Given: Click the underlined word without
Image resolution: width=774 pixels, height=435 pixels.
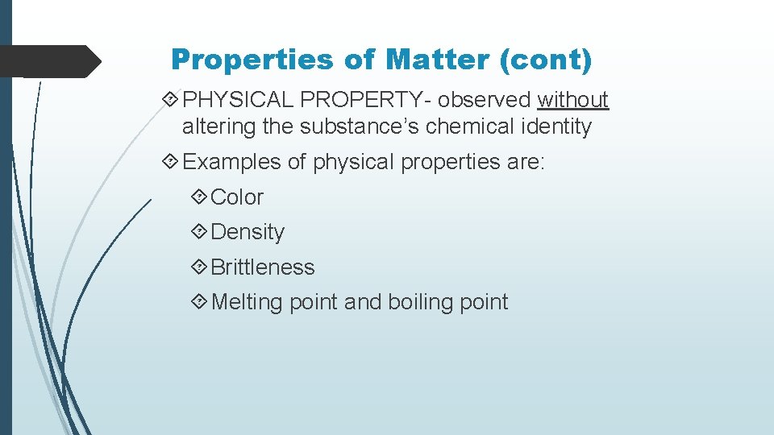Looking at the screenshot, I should pos(573,100).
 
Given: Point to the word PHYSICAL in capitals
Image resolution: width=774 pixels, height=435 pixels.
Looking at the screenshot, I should pos(238,100).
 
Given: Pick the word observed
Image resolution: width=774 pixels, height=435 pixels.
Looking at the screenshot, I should pos(485,100).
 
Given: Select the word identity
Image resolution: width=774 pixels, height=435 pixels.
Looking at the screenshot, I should pos(557,127).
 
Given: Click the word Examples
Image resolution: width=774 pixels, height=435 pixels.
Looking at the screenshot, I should pos(233,162).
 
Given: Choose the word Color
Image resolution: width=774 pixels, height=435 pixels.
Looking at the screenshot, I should pos(237,197).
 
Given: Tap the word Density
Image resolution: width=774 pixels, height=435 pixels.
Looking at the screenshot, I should pos(248,232).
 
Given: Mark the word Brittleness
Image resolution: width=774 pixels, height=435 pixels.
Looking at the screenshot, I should pos(263,267).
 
